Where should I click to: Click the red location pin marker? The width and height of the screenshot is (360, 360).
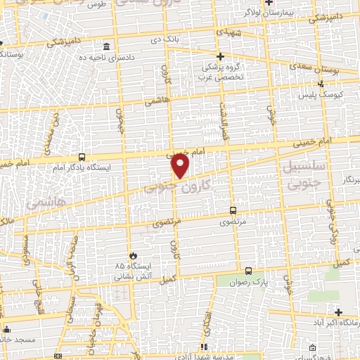pyautogui.click(x=181, y=167)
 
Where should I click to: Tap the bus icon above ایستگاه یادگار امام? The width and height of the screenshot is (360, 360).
pyautogui.click(x=83, y=157)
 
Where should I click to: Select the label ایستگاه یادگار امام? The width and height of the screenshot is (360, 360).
pyautogui.click(x=82, y=169)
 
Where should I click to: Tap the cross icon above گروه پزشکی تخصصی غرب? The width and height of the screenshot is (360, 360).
pyautogui.click(x=220, y=56)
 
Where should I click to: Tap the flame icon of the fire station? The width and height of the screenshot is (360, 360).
pyautogui.click(x=133, y=255)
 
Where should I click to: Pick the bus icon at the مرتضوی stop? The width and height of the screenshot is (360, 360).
pyautogui.click(x=233, y=210)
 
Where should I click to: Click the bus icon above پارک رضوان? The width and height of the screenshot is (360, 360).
pyautogui.click(x=248, y=271)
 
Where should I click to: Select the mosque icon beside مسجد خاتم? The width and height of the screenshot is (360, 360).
pyautogui.click(x=7, y=328)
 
